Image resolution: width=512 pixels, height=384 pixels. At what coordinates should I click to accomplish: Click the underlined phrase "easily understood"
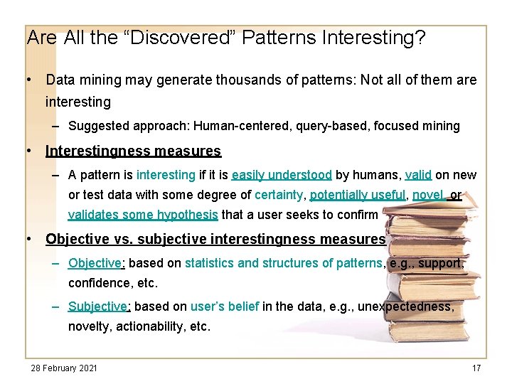(282, 175)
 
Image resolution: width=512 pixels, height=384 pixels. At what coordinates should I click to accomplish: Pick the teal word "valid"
(418, 175)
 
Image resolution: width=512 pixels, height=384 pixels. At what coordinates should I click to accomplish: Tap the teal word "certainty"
(279, 195)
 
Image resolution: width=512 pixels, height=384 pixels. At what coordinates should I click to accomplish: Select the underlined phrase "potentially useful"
(358, 195)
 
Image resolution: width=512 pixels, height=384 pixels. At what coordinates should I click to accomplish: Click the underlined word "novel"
(427, 195)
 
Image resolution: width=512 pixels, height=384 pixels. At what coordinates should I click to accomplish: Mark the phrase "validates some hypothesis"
(144, 215)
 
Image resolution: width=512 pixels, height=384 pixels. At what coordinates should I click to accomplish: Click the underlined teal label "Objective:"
(96, 263)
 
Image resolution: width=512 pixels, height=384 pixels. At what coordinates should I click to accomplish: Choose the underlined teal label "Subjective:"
(99, 306)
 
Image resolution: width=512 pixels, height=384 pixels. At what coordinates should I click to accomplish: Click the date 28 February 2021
(64, 368)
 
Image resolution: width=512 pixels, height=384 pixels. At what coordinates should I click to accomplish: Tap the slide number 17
(476, 368)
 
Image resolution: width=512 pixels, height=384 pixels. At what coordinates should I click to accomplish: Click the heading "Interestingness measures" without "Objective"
(133, 151)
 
